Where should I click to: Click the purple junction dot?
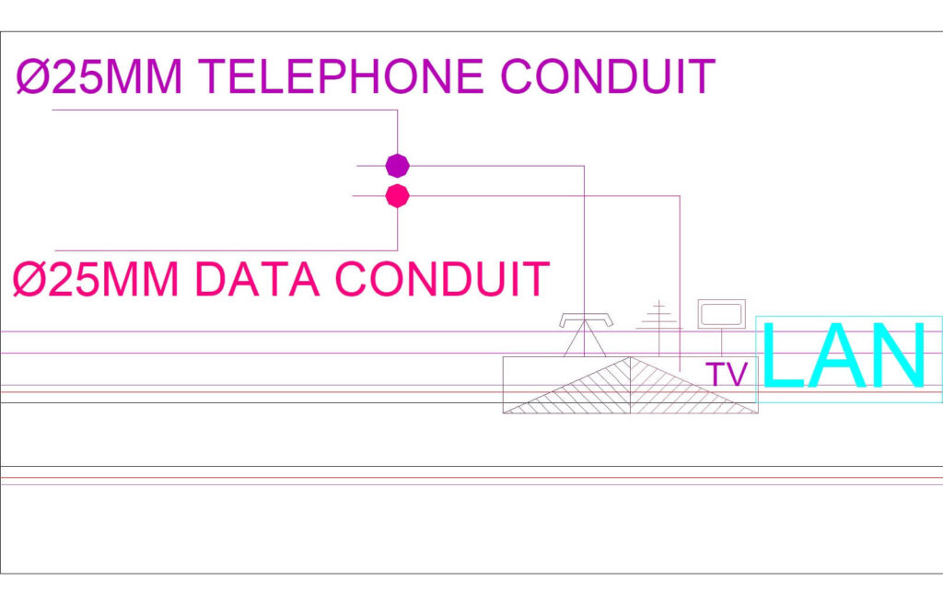397,166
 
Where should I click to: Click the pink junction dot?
397,195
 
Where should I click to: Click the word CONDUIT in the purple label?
608,77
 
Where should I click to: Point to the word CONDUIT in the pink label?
442,280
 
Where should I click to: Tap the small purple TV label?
727,375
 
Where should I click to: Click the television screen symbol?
721,313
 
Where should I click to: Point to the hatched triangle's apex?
630,358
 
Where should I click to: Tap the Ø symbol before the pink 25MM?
29,280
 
